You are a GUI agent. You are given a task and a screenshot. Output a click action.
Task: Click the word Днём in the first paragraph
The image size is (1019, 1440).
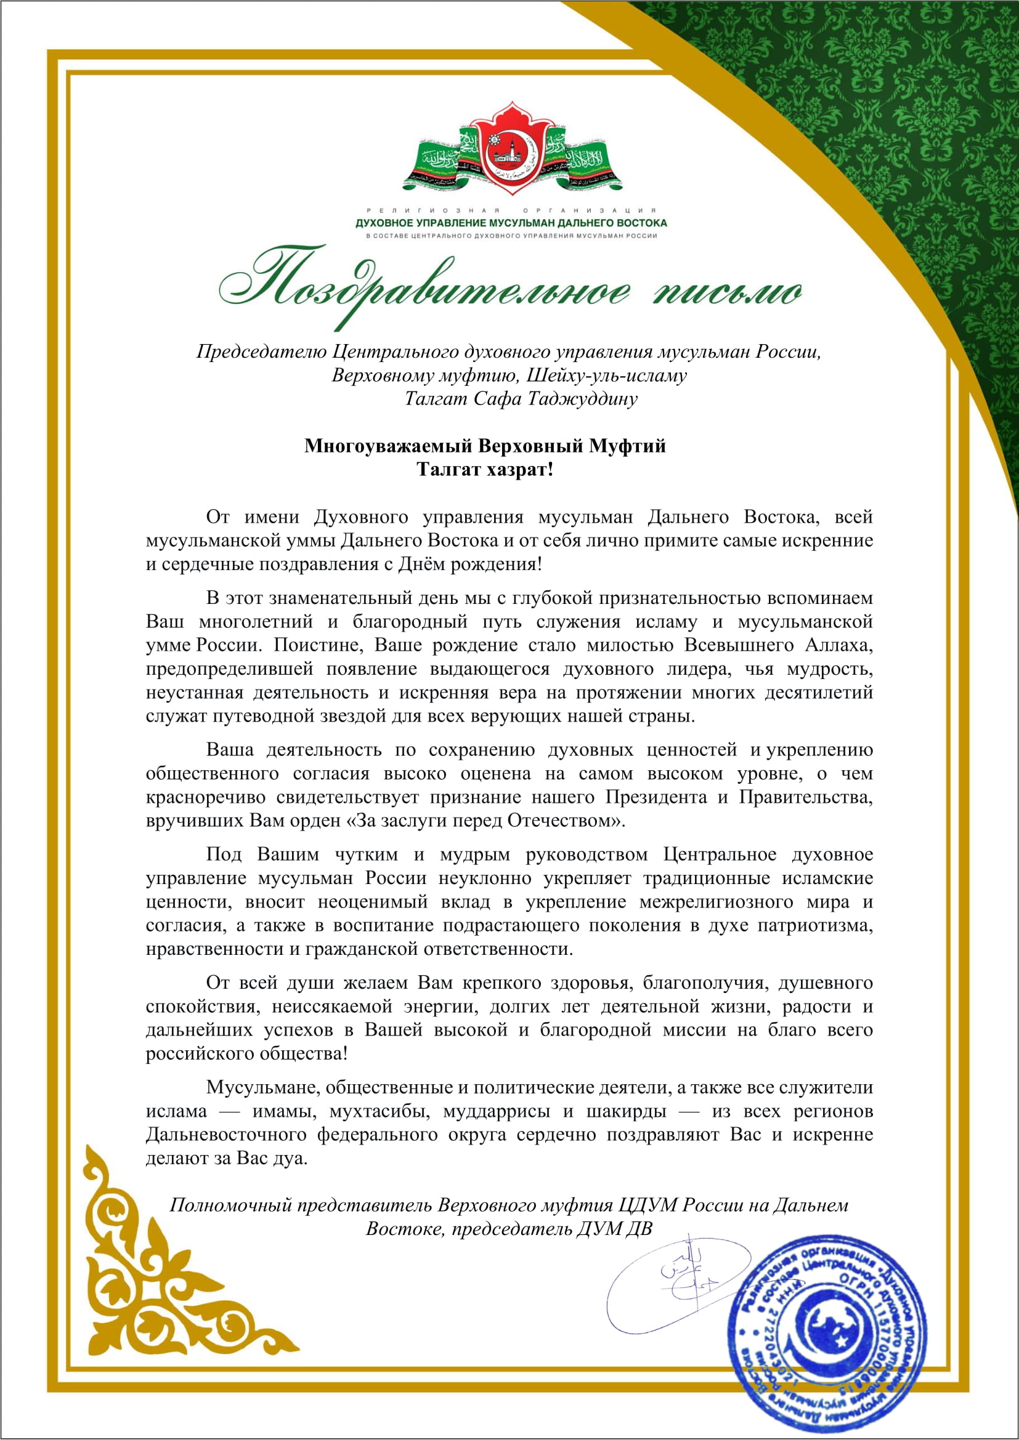coord(421,564)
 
